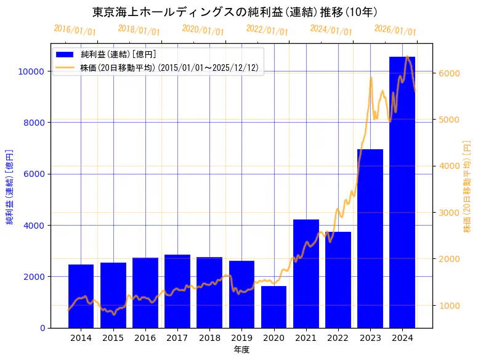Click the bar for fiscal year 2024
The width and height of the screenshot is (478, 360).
[402, 192]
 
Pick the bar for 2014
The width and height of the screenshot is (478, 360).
[81, 296]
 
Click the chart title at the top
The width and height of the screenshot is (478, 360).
[235, 12]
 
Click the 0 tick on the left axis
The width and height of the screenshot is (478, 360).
[42, 328]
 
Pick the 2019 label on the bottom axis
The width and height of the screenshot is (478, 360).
[241, 338]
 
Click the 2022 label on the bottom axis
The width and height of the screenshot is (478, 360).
[338, 338]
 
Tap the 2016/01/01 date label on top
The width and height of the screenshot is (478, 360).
[75, 30]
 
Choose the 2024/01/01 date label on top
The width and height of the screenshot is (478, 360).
[331, 30]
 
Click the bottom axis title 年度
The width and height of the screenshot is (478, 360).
[241, 350]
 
